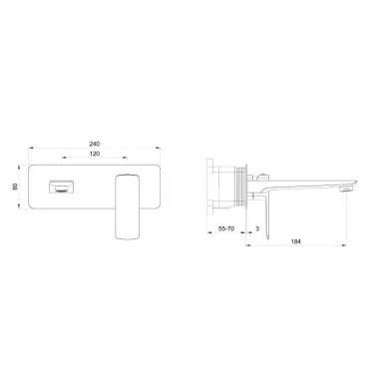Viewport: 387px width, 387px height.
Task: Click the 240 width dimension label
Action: [x=95, y=144]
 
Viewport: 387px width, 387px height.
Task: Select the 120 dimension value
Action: [x=95, y=154]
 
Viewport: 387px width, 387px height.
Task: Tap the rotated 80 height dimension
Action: [x=15, y=187]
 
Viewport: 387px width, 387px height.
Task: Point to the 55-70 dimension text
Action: [x=226, y=228]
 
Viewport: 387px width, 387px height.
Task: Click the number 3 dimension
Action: [x=257, y=228]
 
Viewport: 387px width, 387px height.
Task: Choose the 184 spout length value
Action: [x=295, y=241]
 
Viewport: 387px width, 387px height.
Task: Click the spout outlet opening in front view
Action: [x=62, y=187]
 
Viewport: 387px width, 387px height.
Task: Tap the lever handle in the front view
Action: [x=127, y=206]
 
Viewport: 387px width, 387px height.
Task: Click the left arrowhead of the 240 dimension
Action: [x=31, y=148]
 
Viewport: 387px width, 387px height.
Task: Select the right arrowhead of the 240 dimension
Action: [x=158, y=148]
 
